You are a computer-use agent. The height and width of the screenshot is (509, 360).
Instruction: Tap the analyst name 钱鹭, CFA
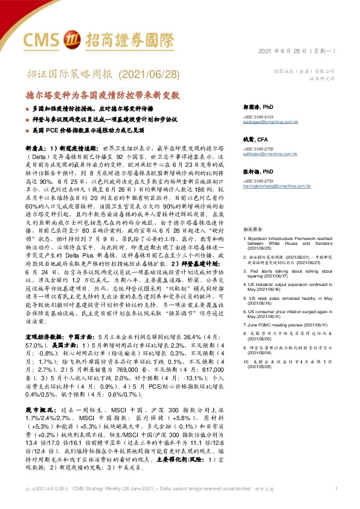click(255, 140)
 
